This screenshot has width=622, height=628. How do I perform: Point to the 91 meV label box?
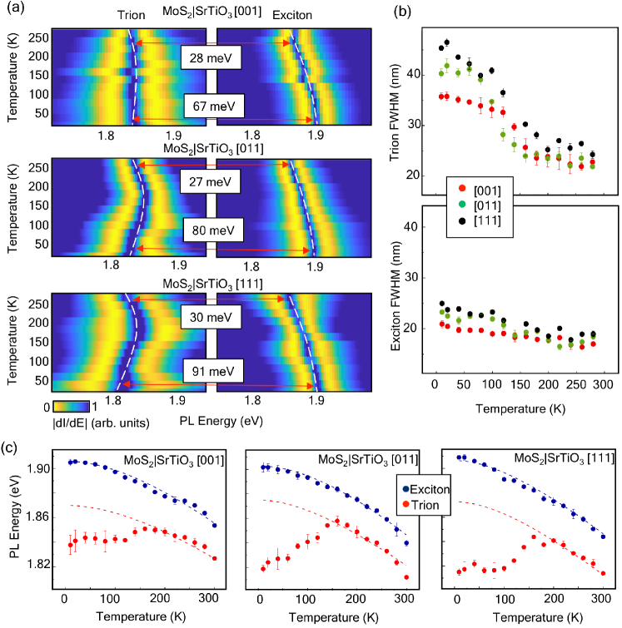[211, 369]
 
